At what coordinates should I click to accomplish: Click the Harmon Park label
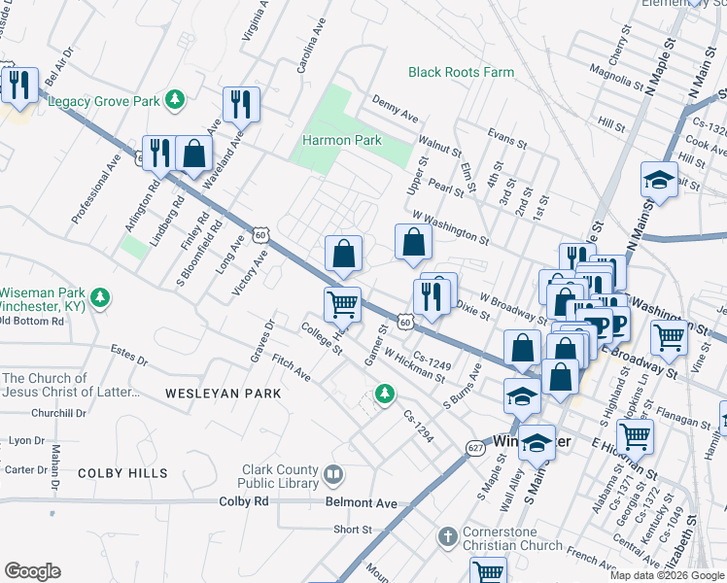(x=341, y=140)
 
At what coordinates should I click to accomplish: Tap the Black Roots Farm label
(x=461, y=72)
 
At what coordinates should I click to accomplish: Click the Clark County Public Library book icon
(x=333, y=474)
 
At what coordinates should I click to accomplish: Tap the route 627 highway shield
(x=474, y=447)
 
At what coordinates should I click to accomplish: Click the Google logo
(x=32, y=571)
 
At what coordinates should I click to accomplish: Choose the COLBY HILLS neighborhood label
(x=122, y=473)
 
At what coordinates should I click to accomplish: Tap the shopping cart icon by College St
(x=342, y=303)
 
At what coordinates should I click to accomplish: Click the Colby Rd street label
(x=243, y=500)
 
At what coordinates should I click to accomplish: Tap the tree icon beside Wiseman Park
(x=99, y=295)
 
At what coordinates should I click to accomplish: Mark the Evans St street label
(x=506, y=142)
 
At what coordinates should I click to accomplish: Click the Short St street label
(x=353, y=530)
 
